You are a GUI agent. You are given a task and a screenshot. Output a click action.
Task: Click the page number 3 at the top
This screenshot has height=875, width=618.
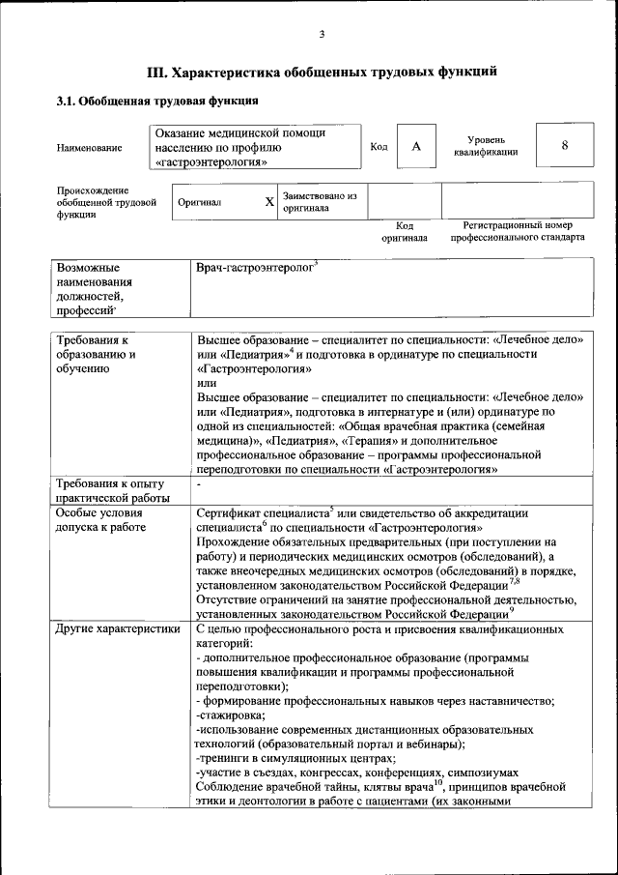click(x=321, y=35)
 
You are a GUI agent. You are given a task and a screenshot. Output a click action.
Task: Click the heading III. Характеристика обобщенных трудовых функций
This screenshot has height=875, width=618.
click(x=322, y=71)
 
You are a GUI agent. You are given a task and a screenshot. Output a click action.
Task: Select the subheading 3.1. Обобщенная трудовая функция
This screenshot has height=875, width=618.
click(x=156, y=101)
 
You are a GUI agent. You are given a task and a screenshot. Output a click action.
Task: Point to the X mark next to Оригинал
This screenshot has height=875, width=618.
click(x=270, y=202)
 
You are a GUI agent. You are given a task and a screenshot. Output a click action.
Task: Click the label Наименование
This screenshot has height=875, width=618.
click(x=90, y=148)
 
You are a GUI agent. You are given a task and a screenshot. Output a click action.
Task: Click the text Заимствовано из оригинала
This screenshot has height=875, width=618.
click(x=320, y=201)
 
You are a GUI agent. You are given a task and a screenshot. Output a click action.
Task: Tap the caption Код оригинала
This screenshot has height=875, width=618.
click(x=404, y=231)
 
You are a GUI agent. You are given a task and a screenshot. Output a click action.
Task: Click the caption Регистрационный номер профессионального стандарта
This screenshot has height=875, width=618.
click(x=510, y=231)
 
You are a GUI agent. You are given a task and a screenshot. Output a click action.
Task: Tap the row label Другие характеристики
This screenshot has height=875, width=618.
click(x=118, y=628)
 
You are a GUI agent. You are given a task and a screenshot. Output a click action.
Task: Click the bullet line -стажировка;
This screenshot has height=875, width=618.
click(x=230, y=715)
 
